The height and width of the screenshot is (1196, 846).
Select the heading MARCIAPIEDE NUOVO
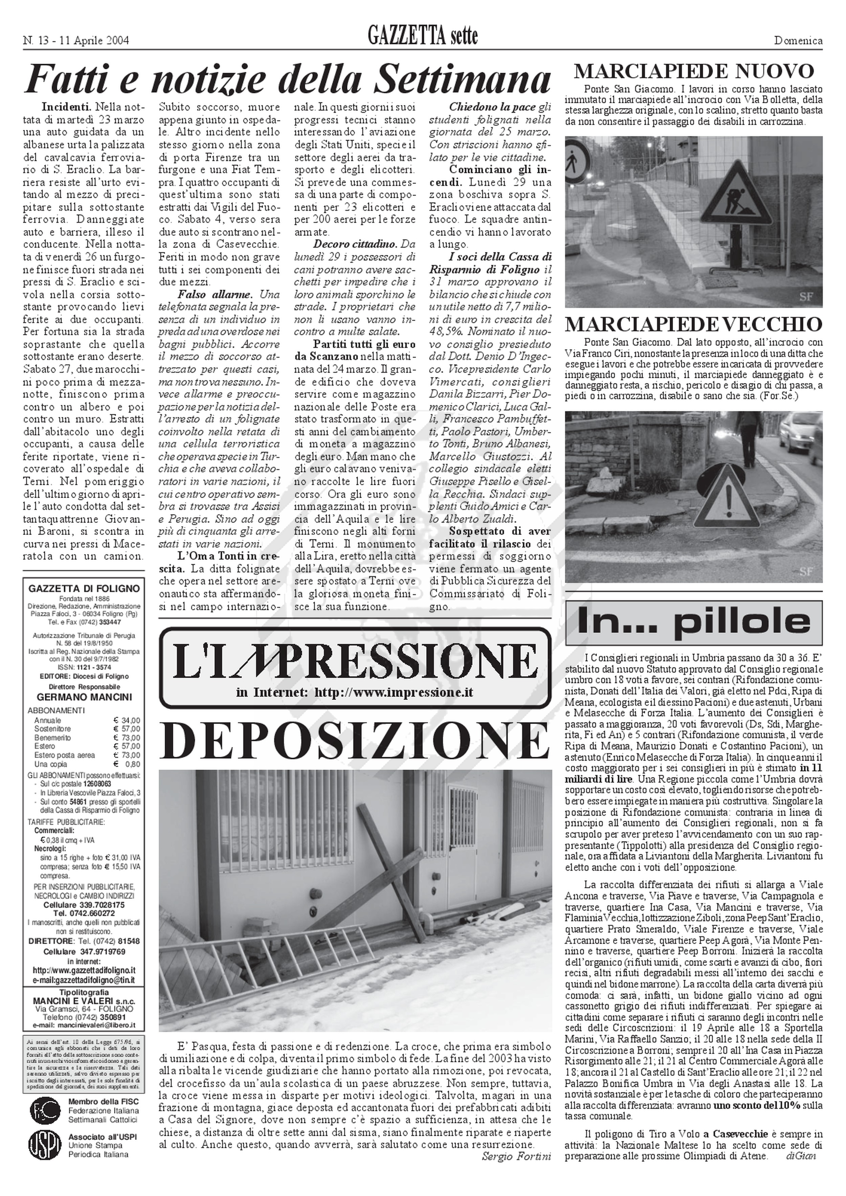tap(693, 71)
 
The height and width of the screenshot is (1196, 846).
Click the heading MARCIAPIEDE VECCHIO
tap(693, 324)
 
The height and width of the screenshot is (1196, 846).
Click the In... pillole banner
tap(693, 622)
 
